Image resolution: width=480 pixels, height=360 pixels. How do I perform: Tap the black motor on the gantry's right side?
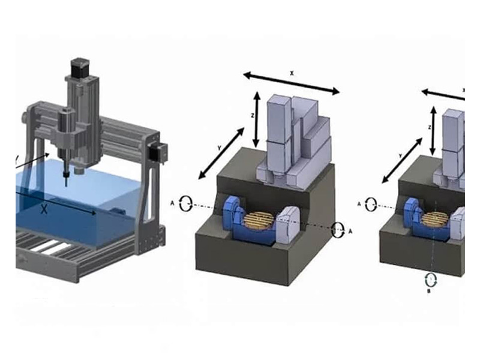coord(159,152)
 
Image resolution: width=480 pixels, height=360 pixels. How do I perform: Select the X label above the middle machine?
coord(292,72)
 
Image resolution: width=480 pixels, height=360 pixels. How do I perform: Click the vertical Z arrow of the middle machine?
coord(257,118)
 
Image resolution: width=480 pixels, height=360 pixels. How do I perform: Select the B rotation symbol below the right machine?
coord(430,280)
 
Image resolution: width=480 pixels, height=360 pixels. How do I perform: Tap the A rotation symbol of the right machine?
coord(372,203)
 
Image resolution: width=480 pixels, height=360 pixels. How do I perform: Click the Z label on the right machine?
coord(430,127)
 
